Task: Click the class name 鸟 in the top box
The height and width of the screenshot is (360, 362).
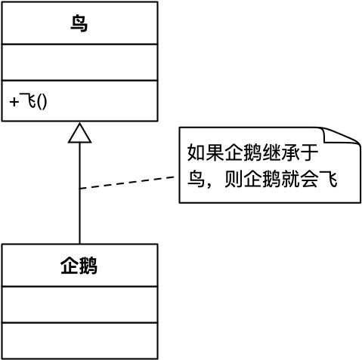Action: coord(79,24)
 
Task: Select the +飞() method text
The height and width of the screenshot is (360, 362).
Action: coord(29,100)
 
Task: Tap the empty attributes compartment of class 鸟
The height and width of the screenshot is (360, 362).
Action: coord(79,61)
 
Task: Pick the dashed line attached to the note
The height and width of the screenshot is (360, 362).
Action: coord(128,182)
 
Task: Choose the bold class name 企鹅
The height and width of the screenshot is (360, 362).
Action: coord(79,266)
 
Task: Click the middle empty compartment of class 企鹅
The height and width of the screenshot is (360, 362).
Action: coord(79,304)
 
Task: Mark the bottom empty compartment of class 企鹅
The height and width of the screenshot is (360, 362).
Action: coord(79,340)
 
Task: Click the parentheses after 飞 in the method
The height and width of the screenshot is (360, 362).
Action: coord(41,100)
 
